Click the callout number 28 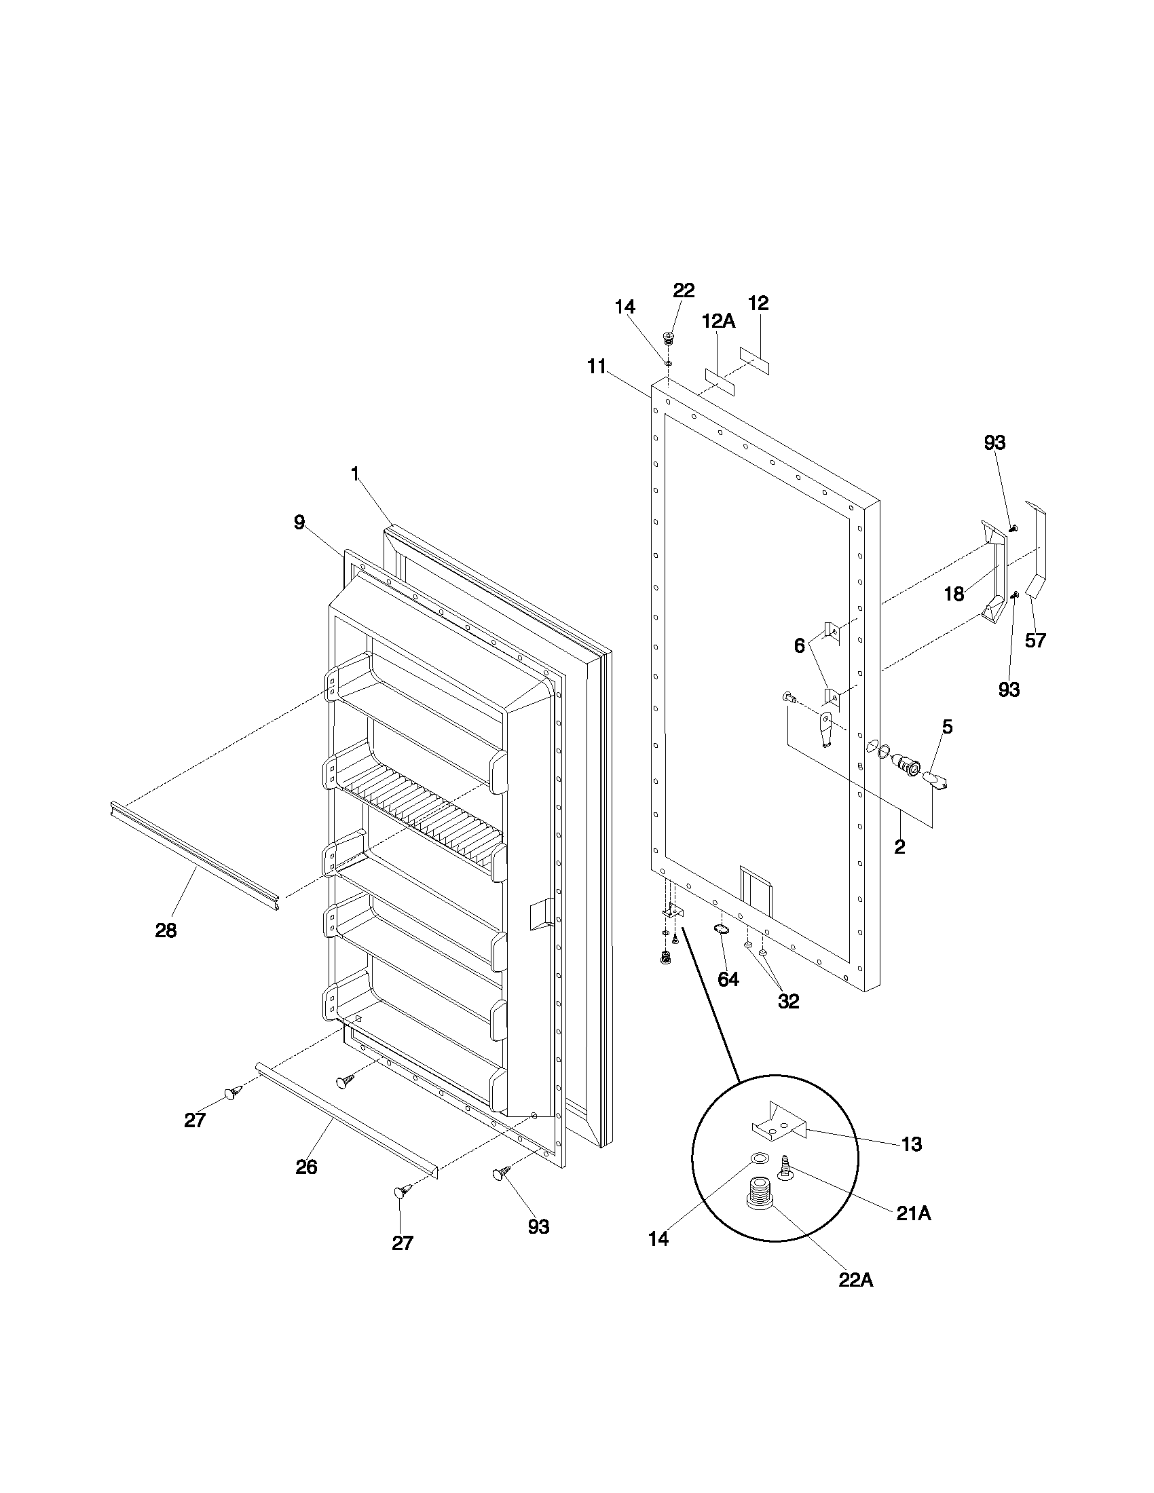[x=166, y=930]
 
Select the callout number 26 [x=306, y=1167]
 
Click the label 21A [x=913, y=1213]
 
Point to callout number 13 [x=912, y=1144]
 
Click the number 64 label [x=728, y=979]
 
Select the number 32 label [x=788, y=1001]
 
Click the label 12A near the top [x=718, y=320]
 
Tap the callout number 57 [x=1035, y=640]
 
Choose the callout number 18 [x=954, y=594]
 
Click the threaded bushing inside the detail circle [x=758, y=1194]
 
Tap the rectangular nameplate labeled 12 [x=754, y=360]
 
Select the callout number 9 [x=299, y=523]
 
